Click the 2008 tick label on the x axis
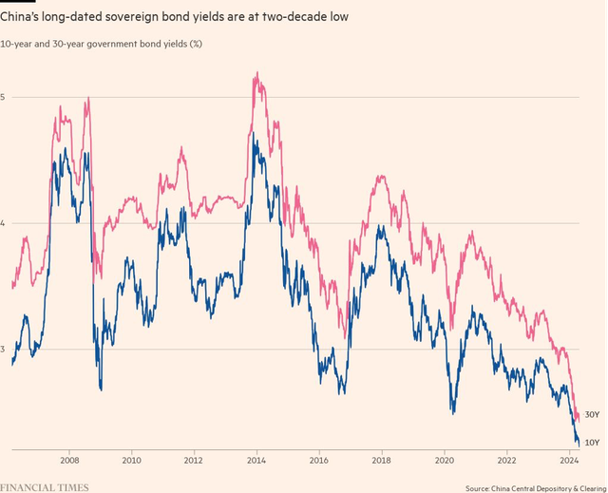(x=69, y=460)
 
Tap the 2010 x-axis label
(x=131, y=460)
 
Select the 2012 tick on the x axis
(x=193, y=460)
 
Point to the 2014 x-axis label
(x=256, y=460)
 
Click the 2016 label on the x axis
(x=318, y=460)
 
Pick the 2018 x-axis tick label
(x=380, y=460)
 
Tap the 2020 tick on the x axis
(x=443, y=460)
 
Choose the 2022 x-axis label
(x=505, y=460)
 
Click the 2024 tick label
(x=567, y=460)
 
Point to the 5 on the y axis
(x=4, y=97)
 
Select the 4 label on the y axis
(x=4, y=223)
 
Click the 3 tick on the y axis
(x=4, y=350)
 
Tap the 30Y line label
(x=591, y=416)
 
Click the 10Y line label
(x=591, y=443)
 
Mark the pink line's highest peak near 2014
(x=256, y=72)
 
